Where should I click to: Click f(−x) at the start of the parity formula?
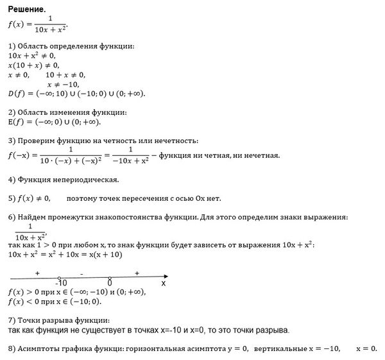pos(20,155)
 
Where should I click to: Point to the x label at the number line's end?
pos(163,283)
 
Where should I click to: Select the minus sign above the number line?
pos(82,273)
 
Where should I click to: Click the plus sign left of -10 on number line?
pos(38,273)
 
